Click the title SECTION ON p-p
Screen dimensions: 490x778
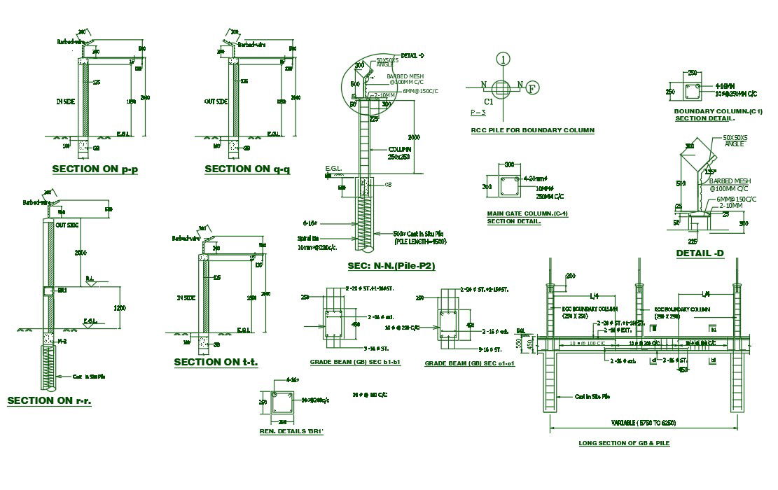(95, 169)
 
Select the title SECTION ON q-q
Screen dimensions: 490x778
(246, 169)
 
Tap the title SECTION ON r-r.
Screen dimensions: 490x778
(49, 400)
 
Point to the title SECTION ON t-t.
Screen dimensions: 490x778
(216, 362)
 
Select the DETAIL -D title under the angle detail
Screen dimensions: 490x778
(700, 253)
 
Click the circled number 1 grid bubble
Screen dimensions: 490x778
(503, 59)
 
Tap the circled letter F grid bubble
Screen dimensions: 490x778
(532, 88)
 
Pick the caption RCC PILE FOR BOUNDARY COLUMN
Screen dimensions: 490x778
(532, 130)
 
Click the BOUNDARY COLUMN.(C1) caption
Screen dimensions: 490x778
(718, 112)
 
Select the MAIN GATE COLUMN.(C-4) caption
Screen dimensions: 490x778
(527, 213)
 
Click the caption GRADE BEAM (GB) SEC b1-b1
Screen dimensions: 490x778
(355, 363)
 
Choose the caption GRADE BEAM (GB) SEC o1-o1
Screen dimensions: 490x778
(469, 363)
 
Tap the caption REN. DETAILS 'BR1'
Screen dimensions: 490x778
(291, 431)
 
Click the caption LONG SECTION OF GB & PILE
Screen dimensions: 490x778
(624, 443)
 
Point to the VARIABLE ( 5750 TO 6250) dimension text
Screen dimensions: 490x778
(639, 422)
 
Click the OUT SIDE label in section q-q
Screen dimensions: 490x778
(216, 102)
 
